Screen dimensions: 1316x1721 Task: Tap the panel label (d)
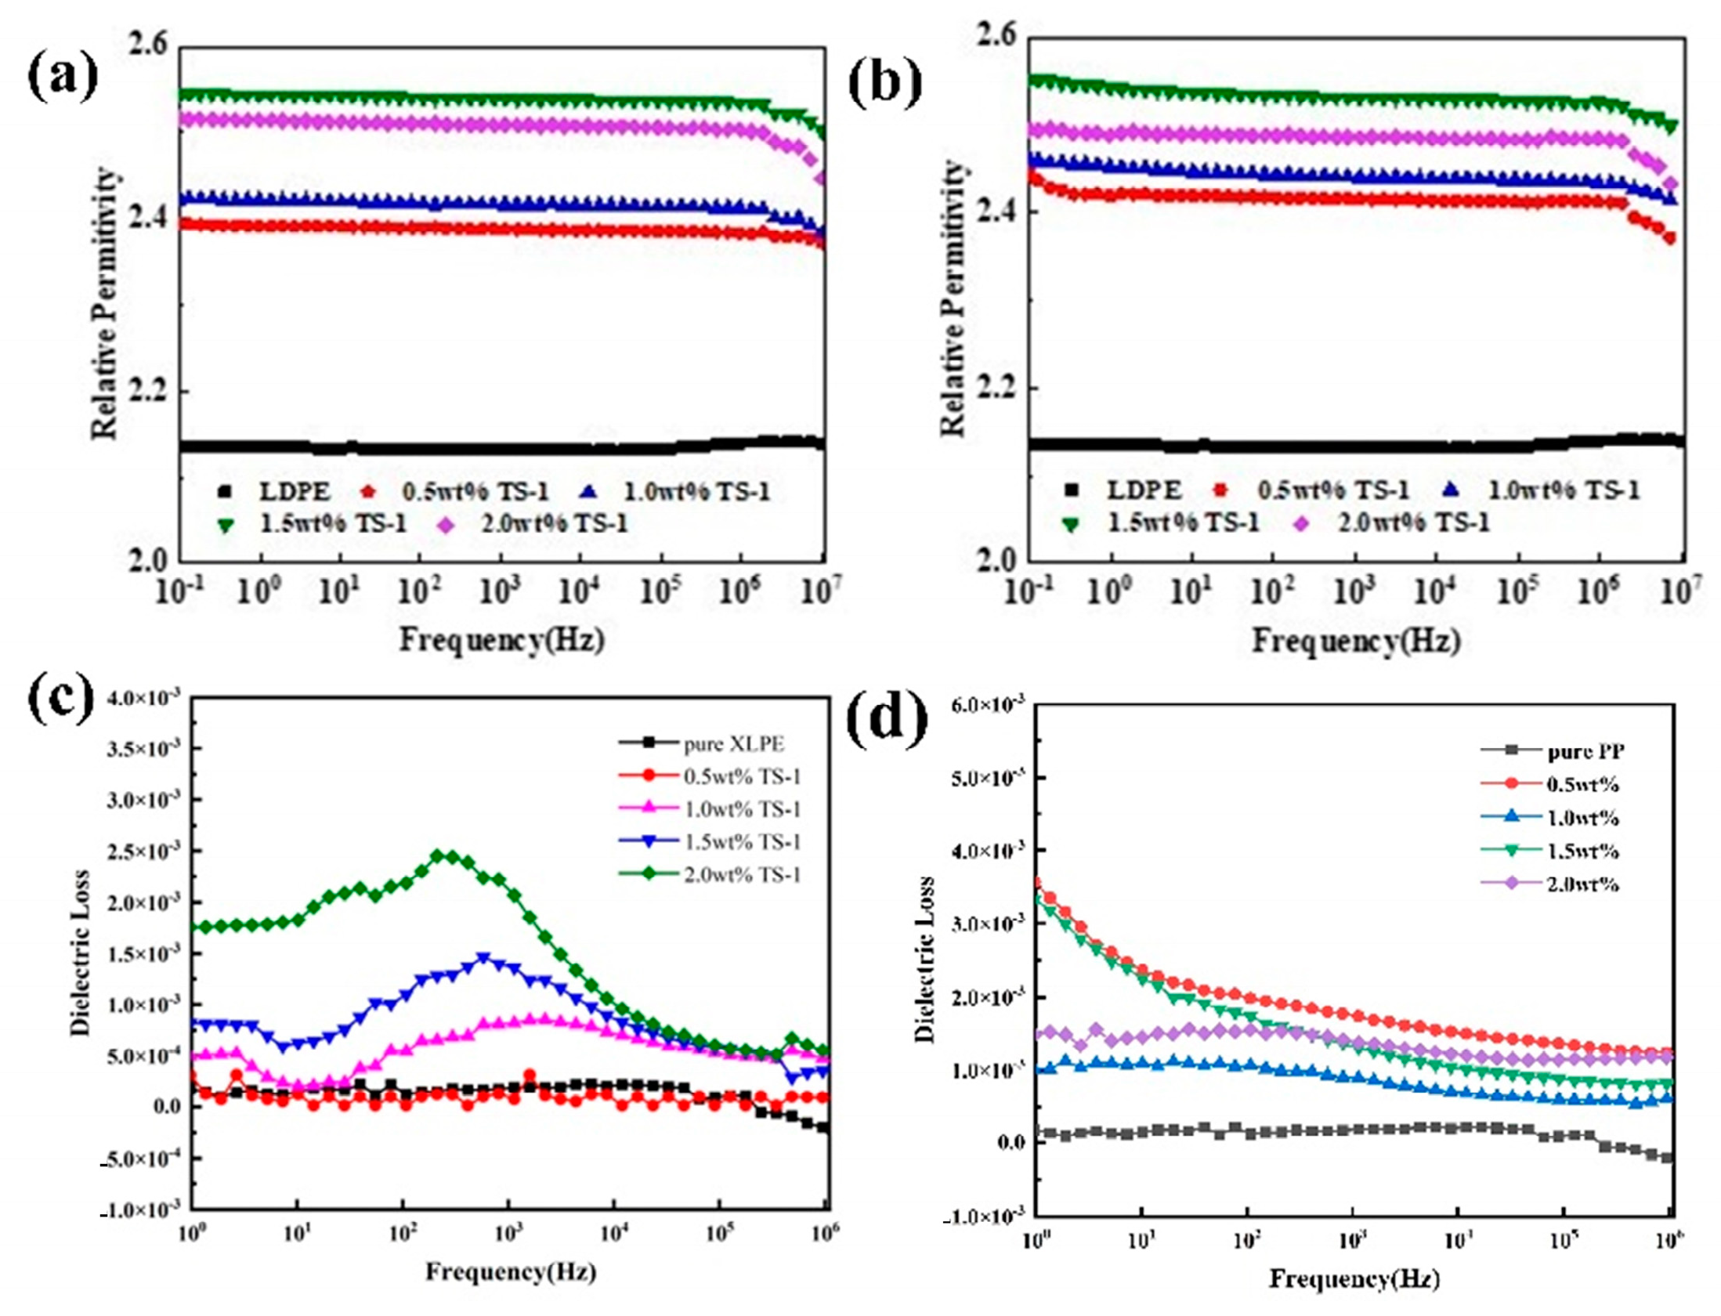coord(888,719)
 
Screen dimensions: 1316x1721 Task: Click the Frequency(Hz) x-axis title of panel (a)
coord(502,640)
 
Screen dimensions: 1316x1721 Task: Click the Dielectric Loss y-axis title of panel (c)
coord(80,953)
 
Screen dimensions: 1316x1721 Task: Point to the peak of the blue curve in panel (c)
coord(483,957)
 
